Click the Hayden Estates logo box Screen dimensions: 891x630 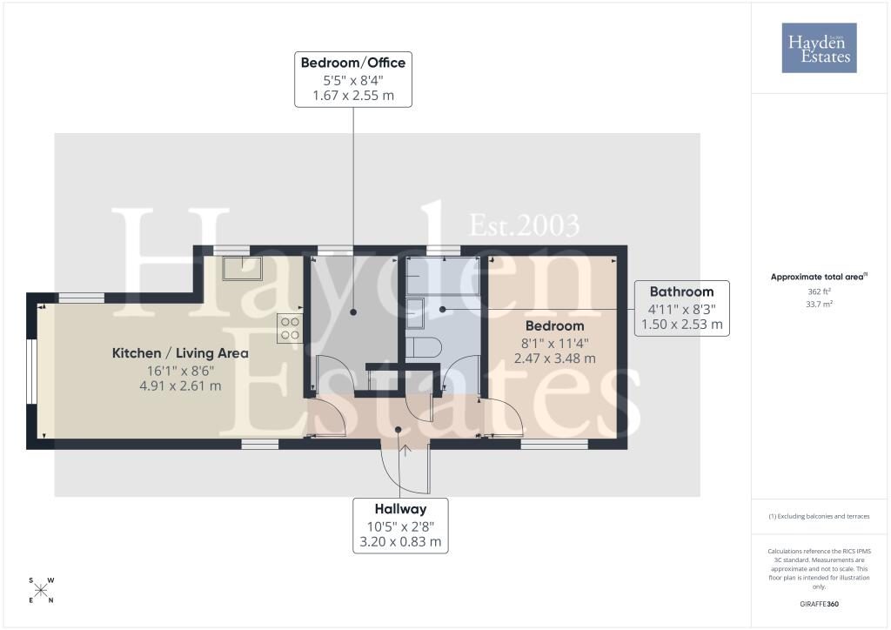coord(819,48)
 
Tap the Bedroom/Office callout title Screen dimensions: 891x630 coord(353,63)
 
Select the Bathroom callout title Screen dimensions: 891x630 coord(681,292)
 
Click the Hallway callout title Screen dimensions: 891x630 coord(400,509)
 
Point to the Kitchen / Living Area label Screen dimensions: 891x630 coord(180,352)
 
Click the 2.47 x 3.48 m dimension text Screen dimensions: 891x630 coord(554,359)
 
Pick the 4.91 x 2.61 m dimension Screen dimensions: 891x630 coord(180,385)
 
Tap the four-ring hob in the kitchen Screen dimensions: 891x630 coord(290,329)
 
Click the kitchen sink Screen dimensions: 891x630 coord(243,268)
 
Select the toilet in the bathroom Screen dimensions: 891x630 coord(424,348)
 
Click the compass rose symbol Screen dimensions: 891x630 coord(41,590)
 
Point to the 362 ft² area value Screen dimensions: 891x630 coord(819,292)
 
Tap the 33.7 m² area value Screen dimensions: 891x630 coord(819,304)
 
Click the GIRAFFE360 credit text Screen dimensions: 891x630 coord(819,604)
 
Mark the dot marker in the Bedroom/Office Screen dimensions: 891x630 coord(353,312)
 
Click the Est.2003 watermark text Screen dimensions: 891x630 coord(524,225)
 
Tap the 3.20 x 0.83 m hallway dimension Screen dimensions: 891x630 coord(400,542)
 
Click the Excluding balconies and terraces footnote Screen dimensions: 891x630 coord(819,516)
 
